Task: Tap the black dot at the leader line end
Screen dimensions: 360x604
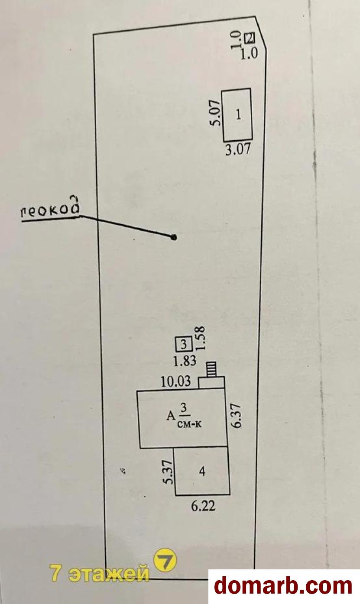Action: point(174,237)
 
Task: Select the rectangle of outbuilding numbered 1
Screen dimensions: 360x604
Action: point(237,115)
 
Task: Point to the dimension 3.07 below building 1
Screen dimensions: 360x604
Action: point(238,149)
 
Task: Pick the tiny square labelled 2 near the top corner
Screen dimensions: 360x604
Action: point(250,38)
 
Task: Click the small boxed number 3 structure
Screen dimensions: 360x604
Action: point(184,344)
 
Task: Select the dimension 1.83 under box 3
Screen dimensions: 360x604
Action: point(185,361)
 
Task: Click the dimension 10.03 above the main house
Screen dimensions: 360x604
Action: point(176,381)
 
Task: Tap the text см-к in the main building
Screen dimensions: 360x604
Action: point(190,424)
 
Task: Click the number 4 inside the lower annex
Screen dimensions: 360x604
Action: point(202,471)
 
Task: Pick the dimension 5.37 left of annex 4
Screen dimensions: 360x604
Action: point(169,472)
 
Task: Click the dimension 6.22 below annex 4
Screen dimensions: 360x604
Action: point(203,506)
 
